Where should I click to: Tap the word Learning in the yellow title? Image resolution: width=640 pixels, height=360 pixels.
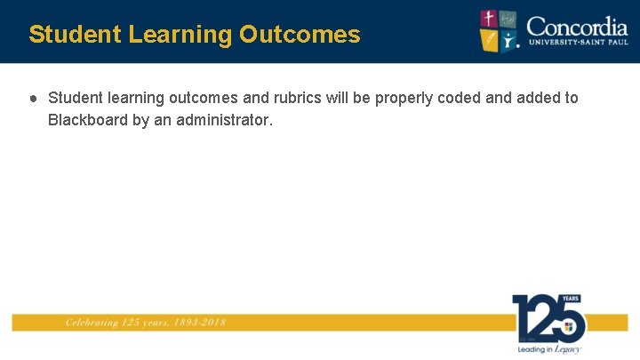tap(180, 35)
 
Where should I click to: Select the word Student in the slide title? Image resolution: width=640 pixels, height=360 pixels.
tap(75, 35)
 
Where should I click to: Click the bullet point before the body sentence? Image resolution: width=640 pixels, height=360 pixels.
tap(32, 98)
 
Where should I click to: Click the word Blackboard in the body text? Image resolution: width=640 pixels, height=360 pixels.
tap(88, 119)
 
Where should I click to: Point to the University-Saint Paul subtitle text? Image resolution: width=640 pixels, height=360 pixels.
tap(577, 42)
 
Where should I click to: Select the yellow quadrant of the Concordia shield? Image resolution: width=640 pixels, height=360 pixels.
tap(490, 40)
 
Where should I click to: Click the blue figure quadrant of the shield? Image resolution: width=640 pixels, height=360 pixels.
tap(508, 40)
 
